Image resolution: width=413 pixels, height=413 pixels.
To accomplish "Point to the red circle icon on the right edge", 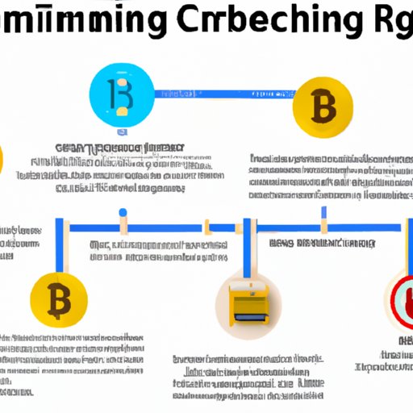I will [x=401, y=300].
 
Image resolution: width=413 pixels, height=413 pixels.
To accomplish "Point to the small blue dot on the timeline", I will [x=123, y=213].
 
